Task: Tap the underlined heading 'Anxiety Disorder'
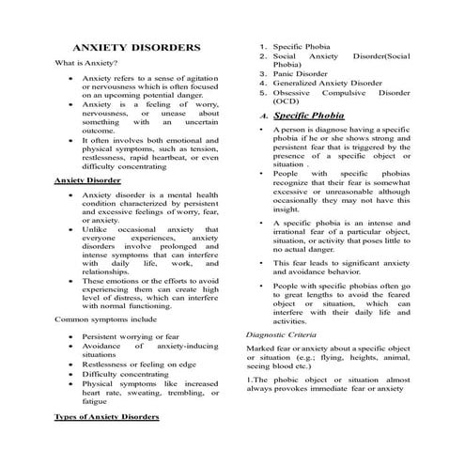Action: (x=87, y=179)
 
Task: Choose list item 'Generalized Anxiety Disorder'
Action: (x=328, y=83)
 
